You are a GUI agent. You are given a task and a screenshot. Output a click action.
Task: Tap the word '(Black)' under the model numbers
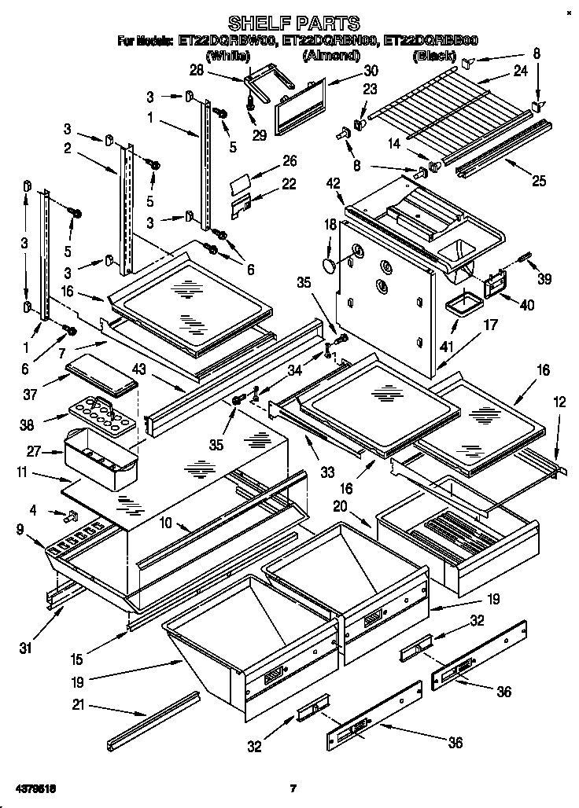(434, 56)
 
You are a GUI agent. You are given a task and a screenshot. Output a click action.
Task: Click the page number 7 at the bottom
(292, 788)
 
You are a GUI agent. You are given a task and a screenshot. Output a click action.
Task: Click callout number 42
(334, 184)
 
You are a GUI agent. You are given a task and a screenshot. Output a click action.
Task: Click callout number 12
(560, 402)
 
